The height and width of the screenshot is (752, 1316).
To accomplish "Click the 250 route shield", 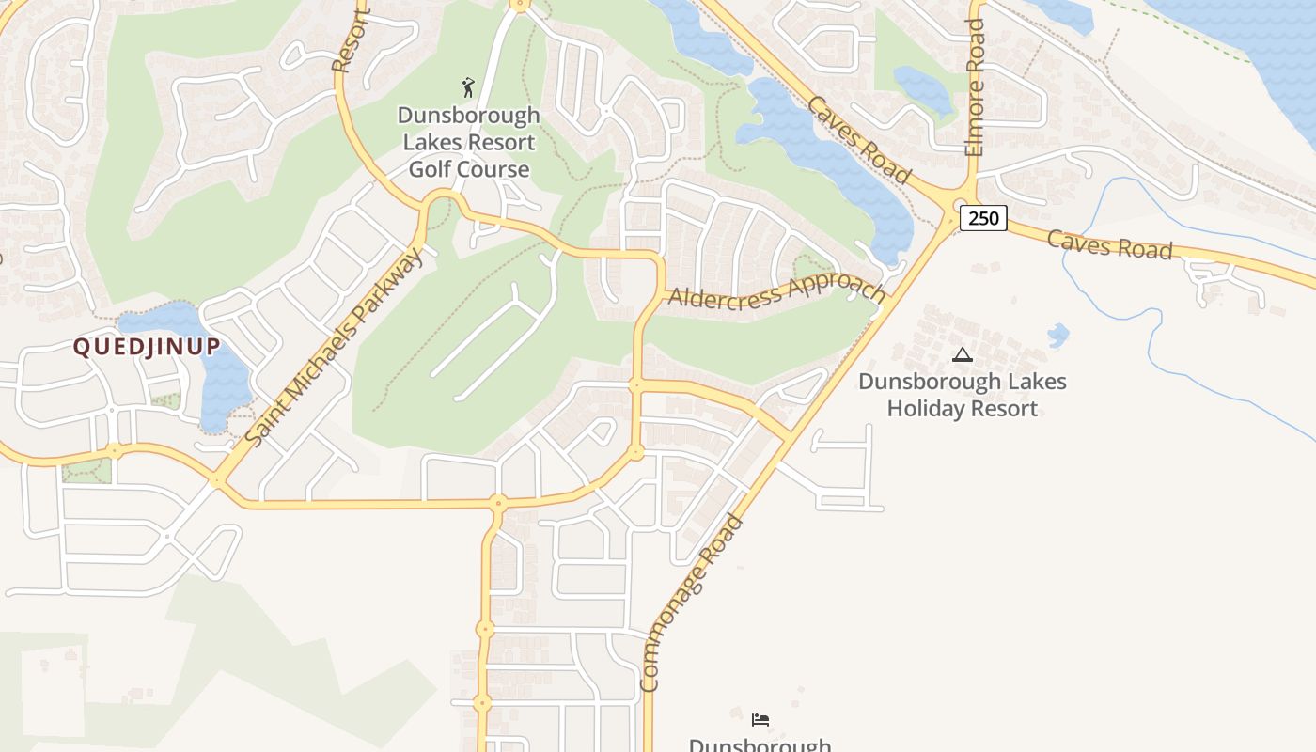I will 983,218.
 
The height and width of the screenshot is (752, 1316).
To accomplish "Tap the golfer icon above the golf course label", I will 468,87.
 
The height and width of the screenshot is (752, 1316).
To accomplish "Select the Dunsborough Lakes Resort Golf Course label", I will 469,142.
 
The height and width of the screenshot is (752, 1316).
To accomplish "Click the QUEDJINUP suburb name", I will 147,346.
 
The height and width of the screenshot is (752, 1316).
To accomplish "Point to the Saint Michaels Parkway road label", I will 334,346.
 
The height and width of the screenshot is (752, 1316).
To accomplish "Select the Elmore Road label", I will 975,86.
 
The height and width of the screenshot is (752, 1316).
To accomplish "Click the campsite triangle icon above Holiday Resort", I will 962,355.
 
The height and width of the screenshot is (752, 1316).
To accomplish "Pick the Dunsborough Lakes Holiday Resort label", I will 963,395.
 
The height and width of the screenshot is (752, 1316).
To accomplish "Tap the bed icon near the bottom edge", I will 760,720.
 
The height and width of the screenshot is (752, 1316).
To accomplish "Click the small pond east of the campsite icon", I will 1058,335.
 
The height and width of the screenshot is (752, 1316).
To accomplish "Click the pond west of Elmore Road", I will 925,87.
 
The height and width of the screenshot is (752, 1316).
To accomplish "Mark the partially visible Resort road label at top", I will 351,42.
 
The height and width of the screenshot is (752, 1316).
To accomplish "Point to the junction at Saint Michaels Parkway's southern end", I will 218,480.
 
